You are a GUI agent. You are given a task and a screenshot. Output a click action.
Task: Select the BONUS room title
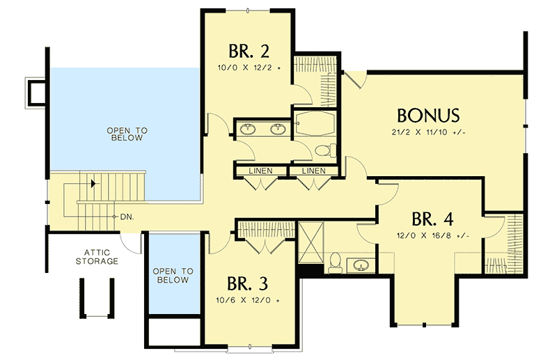tap(427, 114)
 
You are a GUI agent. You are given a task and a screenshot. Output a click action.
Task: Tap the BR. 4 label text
tap(432, 219)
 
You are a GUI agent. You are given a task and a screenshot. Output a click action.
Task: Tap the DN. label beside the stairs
tap(126, 217)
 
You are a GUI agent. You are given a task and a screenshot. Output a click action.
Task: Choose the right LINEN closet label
tap(313, 171)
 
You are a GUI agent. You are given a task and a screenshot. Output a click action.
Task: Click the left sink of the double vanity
tap(249, 128)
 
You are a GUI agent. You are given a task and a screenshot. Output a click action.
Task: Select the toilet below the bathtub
tap(322, 150)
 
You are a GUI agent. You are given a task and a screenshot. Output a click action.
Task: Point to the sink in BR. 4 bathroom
tap(361, 265)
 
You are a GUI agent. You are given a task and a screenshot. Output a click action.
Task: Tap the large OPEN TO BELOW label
tap(125, 134)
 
